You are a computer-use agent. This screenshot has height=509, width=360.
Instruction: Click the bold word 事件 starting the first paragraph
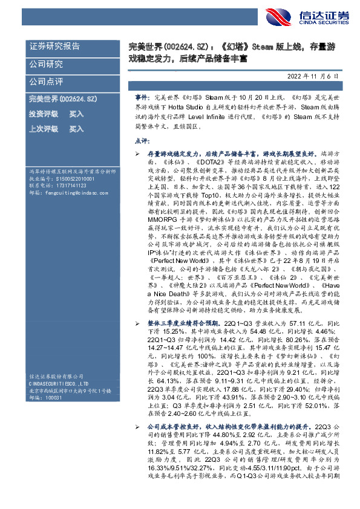[140, 97]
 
